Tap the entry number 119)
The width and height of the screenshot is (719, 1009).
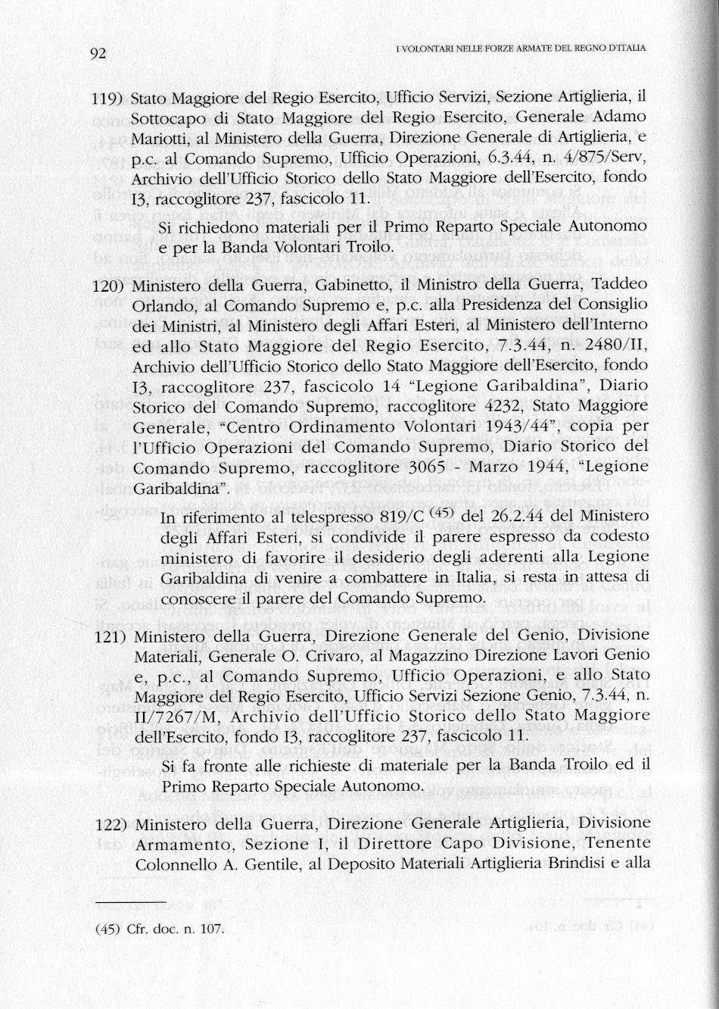[107, 98]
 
